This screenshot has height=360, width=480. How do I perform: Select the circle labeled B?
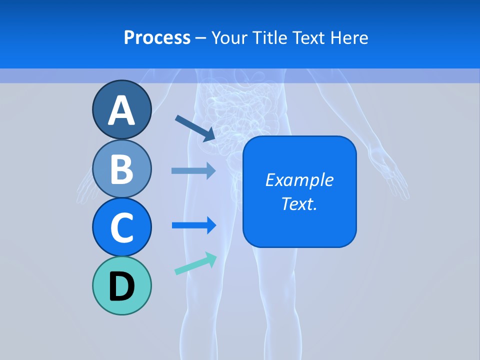tap(122, 168)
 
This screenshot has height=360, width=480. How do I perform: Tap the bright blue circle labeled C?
tap(122, 227)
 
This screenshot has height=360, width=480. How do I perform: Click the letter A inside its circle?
tap(122, 111)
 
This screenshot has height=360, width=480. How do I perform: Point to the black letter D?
tap(122, 287)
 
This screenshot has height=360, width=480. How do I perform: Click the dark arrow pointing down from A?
tap(195, 128)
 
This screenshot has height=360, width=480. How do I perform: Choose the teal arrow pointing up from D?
tap(195, 263)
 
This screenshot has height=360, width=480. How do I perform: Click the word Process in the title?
tap(157, 37)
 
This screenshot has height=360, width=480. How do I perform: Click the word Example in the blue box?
tap(299, 180)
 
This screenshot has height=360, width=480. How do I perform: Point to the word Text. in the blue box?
tap(299, 203)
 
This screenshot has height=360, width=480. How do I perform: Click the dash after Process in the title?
tap(201, 38)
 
